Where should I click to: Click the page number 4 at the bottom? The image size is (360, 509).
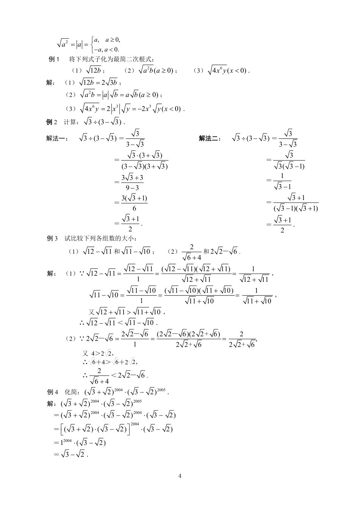180,476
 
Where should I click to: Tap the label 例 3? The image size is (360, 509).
52,238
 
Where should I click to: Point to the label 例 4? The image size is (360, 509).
53,392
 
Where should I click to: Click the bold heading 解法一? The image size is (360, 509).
57,139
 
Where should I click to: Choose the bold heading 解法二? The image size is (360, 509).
210,139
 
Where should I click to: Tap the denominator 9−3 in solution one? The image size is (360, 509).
132,188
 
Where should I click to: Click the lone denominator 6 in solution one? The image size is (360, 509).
134,208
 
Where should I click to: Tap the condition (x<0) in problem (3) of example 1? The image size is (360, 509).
238,70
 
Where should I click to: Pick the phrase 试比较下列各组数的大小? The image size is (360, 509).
101,238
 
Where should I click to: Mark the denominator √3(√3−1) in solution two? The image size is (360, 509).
289,166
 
